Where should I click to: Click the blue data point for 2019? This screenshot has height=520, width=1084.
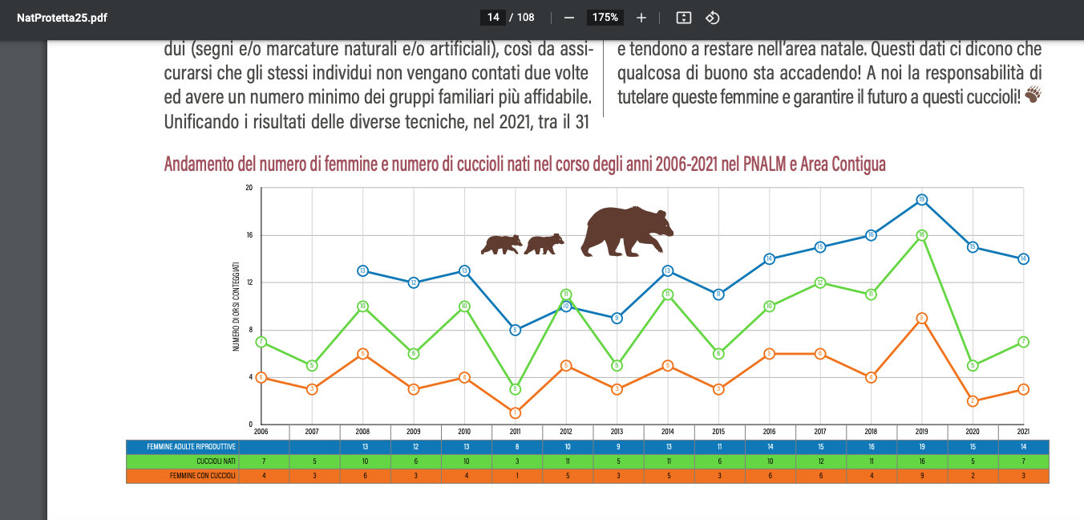(922, 200)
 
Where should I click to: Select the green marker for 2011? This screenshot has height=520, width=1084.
(515, 389)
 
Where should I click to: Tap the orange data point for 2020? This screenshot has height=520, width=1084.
(973, 401)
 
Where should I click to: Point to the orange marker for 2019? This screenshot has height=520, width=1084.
(922, 319)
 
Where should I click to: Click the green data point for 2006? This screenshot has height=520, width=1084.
(261, 342)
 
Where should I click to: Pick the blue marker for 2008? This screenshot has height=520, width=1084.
(362, 271)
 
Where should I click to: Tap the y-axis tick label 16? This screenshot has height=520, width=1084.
(249, 235)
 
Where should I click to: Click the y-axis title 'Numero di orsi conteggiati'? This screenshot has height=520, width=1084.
(237, 307)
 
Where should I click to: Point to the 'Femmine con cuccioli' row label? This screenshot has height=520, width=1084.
(203, 476)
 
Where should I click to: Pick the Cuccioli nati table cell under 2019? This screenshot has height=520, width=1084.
(922, 461)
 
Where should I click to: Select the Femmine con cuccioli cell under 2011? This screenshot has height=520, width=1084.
(515, 476)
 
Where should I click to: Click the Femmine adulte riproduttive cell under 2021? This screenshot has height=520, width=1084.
(1023, 447)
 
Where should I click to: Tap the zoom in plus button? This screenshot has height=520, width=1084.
(641, 18)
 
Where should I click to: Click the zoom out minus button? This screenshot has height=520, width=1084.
(569, 18)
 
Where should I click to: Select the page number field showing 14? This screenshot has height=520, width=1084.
(493, 18)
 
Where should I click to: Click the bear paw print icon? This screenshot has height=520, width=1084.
(1033, 95)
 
